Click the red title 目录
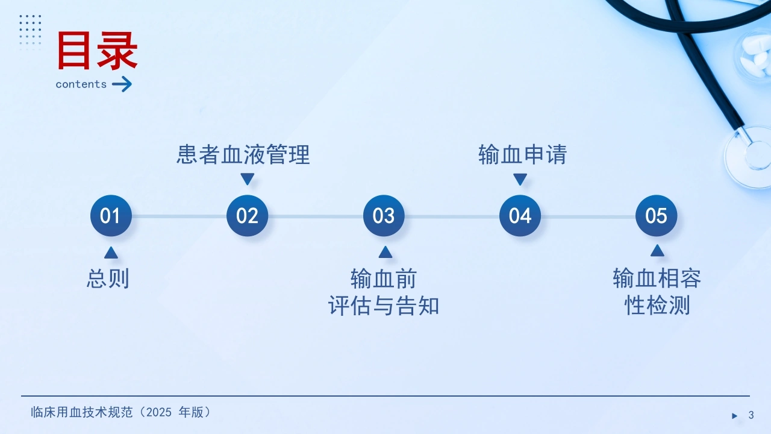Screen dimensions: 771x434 (98, 51)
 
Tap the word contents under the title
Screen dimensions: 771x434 (81, 84)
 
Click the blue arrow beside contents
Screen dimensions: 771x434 (122, 84)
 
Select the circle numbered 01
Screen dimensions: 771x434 (111, 216)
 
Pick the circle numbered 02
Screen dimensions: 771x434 (247, 216)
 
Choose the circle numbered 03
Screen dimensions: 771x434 (384, 216)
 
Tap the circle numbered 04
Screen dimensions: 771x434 (520, 216)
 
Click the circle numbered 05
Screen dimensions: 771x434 (657, 216)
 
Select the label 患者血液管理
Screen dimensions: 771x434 (243, 154)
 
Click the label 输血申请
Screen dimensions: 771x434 (522, 154)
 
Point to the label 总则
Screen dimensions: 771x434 (108, 278)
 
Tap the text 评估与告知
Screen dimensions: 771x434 (384, 306)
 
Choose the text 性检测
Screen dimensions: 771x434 (657, 305)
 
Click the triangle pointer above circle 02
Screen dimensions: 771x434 (247, 179)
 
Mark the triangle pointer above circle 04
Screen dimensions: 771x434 (520, 179)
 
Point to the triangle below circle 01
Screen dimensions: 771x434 (111, 253)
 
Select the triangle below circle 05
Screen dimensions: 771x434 (657, 251)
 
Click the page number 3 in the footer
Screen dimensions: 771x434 (751, 415)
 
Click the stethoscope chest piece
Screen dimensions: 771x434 (749, 157)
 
